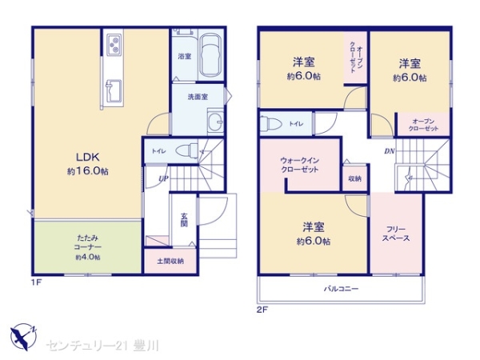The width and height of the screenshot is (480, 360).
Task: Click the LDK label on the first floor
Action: click(x=87, y=157)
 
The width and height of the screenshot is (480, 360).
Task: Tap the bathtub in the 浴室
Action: click(x=210, y=57)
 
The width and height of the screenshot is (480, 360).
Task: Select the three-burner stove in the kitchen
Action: click(x=114, y=46)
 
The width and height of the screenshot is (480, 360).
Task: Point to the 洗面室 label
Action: click(x=198, y=97)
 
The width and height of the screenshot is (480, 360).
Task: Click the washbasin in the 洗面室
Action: click(x=215, y=122)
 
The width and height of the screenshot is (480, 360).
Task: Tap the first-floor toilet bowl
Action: click(x=187, y=150)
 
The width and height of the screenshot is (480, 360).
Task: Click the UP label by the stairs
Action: click(x=163, y=178)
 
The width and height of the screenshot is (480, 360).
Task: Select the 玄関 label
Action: click(x=184, y=220)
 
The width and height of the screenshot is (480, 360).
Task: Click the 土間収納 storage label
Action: click(x=170, y=261)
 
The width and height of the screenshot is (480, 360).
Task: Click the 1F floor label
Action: click(x=36, y=282)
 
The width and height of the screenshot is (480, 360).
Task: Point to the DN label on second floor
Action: click(x=390, y=151)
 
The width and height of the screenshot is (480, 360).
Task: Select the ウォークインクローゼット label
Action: click(x=300, y=165)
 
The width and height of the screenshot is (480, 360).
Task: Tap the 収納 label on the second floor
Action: click(x=354, y=178)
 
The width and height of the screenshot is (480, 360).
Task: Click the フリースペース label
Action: click(x=396, y=234)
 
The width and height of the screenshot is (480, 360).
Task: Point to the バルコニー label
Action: click(x=342, y=289)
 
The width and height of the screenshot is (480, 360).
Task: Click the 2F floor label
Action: click(x=262, y=310)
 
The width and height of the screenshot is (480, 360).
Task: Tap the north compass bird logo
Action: click(x=23, y=337)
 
